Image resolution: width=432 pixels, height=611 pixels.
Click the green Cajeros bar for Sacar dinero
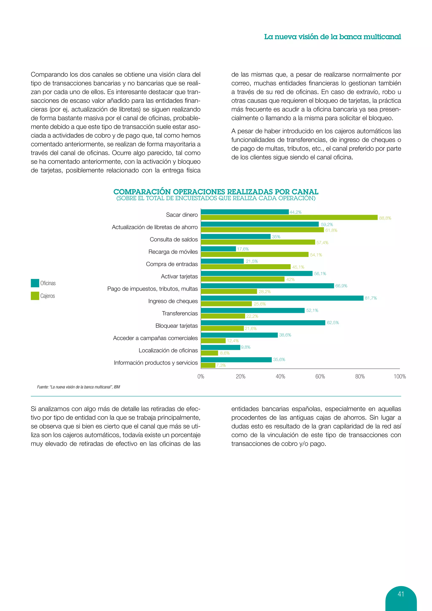pos(289,218)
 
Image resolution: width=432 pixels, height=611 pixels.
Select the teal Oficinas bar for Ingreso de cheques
pos(282,298)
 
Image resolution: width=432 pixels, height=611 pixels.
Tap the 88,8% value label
pos(385,218)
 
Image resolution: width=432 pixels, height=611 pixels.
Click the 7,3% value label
pos(221,365)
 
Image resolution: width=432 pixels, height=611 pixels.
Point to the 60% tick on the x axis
pos(320,377)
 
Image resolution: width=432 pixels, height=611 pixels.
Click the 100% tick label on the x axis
pos(400,377)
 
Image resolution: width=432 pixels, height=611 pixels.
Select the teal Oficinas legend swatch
pos(35,283)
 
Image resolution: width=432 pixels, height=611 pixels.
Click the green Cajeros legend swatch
pos(35,296)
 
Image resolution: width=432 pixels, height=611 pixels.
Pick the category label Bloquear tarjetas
pos(176,326)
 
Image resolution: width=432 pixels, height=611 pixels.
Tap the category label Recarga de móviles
pos(173,252)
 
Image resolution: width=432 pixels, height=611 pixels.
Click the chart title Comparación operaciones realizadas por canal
pos(216,192)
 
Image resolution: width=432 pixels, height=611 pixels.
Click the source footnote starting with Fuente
pos(78,387)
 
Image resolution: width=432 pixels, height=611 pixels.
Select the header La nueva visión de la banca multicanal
pos(332,37)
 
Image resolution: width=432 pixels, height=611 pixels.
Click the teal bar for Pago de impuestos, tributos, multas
pos(267,286)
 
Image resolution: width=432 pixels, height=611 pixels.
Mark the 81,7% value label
pos(371,298)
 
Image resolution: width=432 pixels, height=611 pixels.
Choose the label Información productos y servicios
pos(156,363)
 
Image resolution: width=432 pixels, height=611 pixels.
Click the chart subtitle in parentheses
pos(216,198)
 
